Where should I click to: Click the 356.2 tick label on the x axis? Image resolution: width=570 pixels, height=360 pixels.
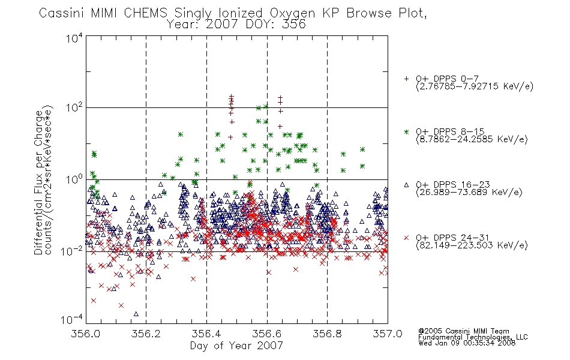point(146,334)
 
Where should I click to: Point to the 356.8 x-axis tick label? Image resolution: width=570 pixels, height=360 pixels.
point(327,334)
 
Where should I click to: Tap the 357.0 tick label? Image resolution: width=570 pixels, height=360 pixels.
point(388,334)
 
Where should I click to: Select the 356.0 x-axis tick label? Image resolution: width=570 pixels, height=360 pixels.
point(86,334)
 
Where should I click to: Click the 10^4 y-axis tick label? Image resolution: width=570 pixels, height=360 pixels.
point(74,38)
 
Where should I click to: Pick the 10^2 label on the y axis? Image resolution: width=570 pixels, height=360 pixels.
point(74,107)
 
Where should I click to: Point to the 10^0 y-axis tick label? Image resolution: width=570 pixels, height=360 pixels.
point(74,179)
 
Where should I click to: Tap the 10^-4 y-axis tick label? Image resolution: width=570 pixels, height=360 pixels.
point(72,320)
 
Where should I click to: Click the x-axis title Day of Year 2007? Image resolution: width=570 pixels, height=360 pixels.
point(236,346)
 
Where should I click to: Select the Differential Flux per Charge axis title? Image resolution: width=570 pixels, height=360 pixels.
point(38,182)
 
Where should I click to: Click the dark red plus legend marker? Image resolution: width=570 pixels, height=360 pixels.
point(406,79)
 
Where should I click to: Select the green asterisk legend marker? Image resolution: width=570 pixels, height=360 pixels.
point(406,131)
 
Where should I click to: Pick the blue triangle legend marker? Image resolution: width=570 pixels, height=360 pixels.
point(406,185)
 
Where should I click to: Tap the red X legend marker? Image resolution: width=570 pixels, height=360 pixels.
point(406,238)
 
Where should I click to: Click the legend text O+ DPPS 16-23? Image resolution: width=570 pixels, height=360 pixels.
point(452,185)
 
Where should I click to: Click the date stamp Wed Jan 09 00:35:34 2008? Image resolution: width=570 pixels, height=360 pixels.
point(467,343)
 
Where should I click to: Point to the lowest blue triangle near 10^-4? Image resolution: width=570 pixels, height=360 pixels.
point(136,314)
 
